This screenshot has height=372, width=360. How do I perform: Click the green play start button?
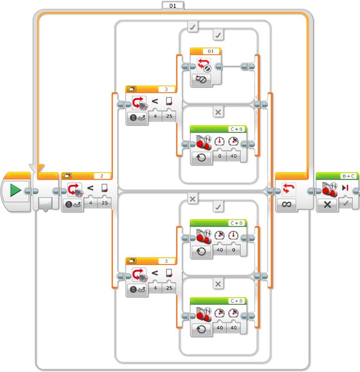(15, 191)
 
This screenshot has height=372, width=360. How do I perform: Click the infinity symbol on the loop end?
(286, 204)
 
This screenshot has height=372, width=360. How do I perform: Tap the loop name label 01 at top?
(173, 5)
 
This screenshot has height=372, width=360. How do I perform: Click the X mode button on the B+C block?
(327, 204)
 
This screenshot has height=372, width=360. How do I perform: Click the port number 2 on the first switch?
(102, 176)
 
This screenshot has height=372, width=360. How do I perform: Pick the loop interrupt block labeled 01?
(206, 67)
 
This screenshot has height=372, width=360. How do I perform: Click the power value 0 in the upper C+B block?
(220, 156)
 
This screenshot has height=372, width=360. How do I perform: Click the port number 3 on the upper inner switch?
(166, 89)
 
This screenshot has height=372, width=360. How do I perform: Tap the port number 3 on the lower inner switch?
(166, 261)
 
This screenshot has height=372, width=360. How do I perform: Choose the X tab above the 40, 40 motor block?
(218, 284)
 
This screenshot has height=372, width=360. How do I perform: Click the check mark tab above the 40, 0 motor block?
(218, 207)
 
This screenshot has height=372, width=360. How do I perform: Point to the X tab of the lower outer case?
(192, 199)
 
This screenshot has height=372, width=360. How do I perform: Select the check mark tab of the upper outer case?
(192, 27)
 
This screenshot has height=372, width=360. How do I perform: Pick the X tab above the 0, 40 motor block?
(218, 112)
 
